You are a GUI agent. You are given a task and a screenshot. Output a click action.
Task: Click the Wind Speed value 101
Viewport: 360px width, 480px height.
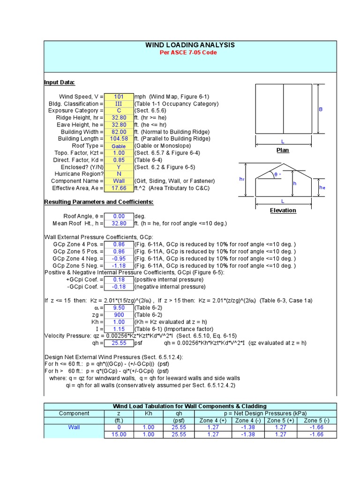tap(119, 97)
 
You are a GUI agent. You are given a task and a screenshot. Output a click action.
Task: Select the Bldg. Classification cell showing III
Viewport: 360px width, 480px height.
tap(119, 104)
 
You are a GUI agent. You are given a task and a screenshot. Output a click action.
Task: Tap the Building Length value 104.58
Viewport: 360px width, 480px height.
tap(119, 139)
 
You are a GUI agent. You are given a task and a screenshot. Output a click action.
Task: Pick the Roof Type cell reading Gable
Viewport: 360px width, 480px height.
tap(119, 146)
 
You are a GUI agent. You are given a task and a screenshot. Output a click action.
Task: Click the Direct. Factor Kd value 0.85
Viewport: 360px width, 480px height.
tap(119, 160)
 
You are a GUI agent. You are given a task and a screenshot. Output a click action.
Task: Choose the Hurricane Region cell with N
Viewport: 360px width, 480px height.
tap(119, 174)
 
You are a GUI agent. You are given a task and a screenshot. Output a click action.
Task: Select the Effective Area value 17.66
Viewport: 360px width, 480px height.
tap(119, 188)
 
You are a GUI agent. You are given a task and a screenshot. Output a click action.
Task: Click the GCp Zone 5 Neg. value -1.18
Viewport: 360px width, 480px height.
tap(119, 266)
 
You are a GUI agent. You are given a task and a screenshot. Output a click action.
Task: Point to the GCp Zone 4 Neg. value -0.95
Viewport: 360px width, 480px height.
tap(119, 259)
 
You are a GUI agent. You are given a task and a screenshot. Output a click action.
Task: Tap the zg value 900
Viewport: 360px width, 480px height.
tap(119, 315)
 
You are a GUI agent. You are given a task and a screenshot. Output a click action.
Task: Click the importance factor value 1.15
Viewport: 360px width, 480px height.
tap(119, 329)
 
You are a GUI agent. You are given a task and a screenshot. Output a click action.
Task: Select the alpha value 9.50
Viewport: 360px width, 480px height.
tap(119, 308)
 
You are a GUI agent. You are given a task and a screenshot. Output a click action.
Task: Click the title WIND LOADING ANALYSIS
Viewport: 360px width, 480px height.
tap(190, 45)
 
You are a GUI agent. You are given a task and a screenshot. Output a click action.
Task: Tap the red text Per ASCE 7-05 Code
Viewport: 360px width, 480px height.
tap(190, 52)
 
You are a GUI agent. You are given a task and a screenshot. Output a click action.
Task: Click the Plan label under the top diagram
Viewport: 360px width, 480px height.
tap(283, 150)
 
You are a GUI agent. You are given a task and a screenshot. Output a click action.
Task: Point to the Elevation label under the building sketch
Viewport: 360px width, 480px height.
tap(283, 210)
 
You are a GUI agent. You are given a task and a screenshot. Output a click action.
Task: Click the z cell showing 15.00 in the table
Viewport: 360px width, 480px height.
tap(118, 435)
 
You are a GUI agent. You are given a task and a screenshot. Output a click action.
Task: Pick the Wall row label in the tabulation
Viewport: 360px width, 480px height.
tap(74, 427)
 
